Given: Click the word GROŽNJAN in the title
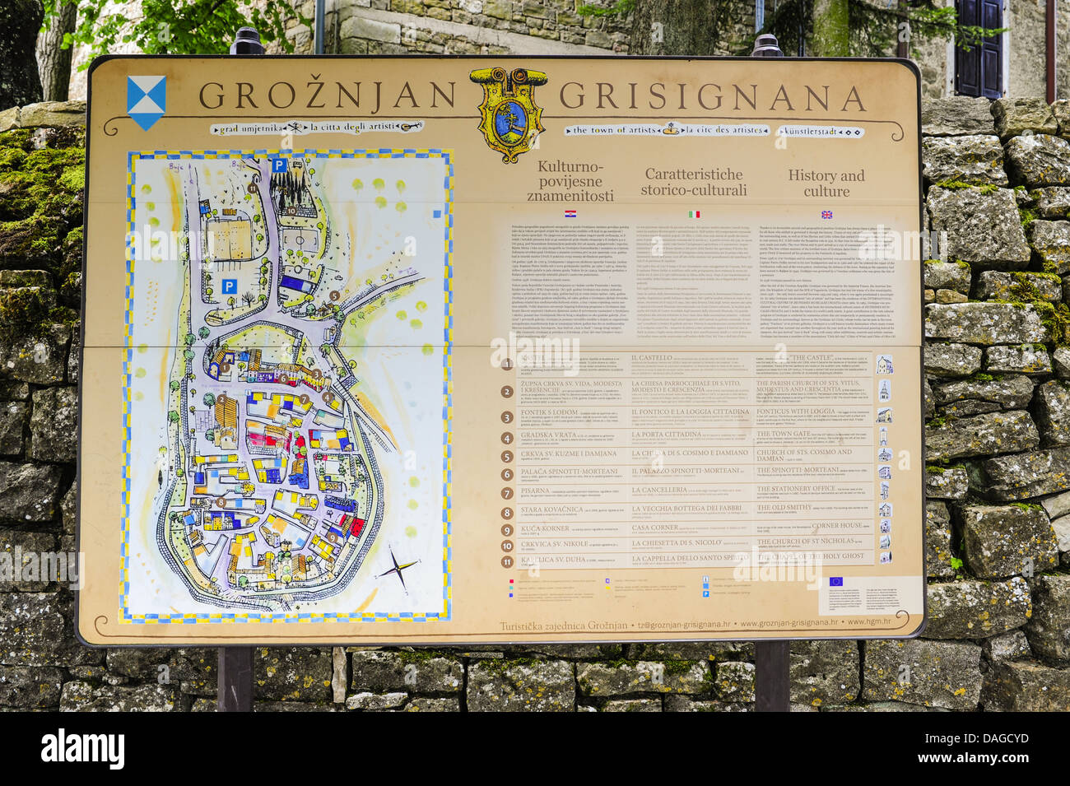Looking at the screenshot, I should [x=326, y=96].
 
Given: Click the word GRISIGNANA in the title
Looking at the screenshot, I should [x=712, y=98].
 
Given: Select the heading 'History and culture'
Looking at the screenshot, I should [x=826, y=184].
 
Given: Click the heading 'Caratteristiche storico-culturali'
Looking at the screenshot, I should [x=695, y=182].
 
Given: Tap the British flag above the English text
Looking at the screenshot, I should [x=826, y=214].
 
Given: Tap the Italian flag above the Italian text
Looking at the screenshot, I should [x=695, y=214].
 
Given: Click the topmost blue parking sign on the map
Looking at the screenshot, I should [x=279, y=165].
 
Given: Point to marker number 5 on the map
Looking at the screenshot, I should [x=334, y=295].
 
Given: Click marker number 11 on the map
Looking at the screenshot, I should [x=252, y=188].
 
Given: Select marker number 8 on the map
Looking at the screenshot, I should [x=221, y=501].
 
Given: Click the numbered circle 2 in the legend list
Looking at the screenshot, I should [x=507, y=391].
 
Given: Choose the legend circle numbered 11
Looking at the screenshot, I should [x=507, y=562].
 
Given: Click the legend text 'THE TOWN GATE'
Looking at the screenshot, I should [x=783, y=434].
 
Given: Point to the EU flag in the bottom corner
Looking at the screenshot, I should [x=835, y=581].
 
